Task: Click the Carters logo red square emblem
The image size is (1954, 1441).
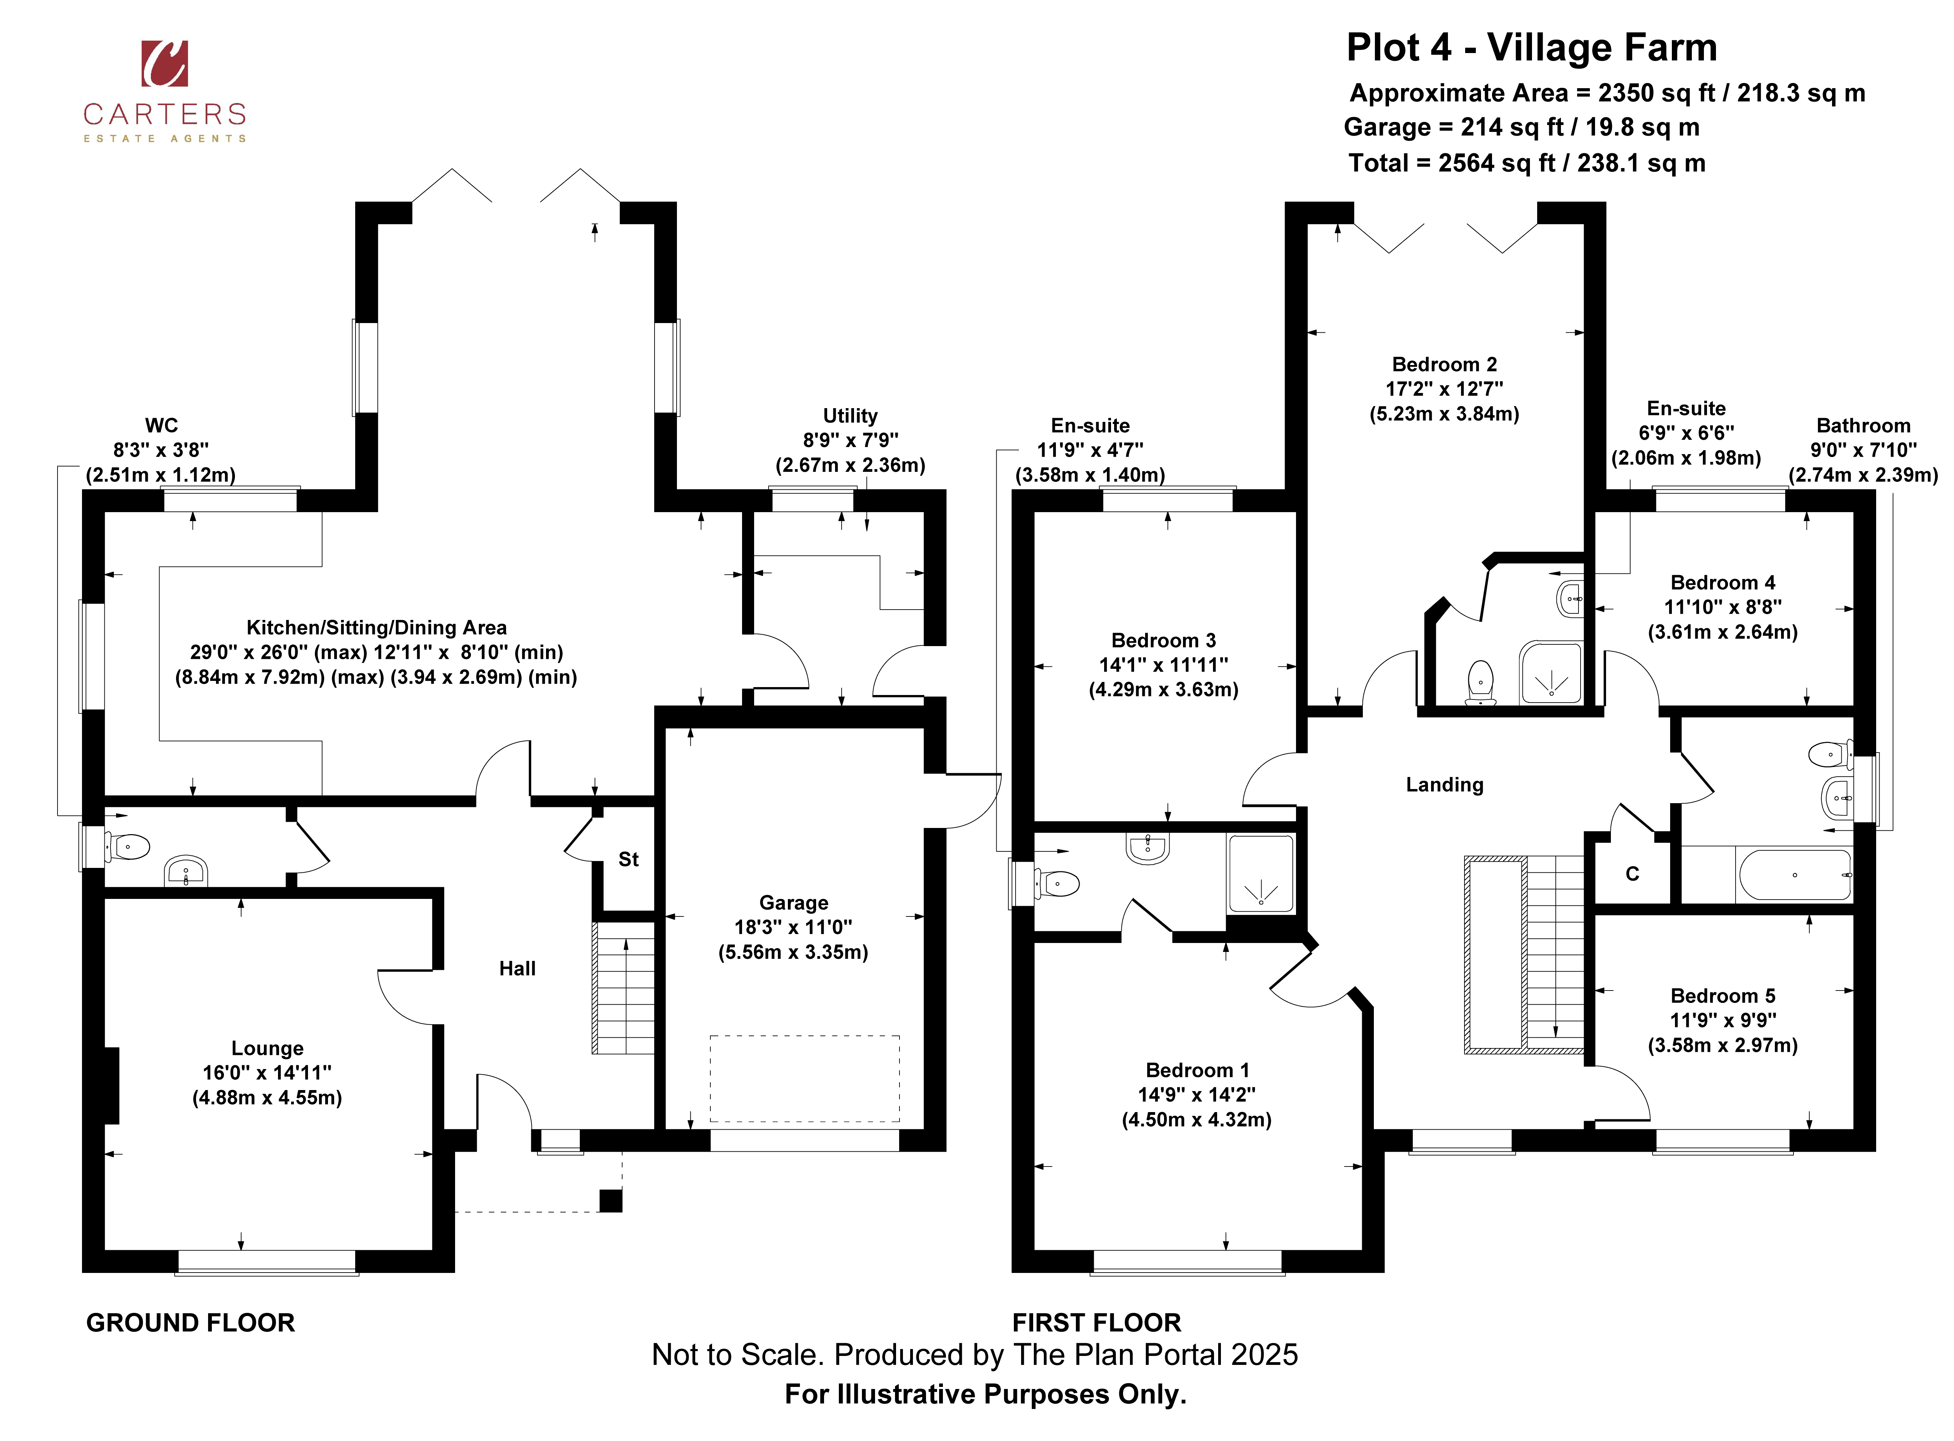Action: coord(164,64)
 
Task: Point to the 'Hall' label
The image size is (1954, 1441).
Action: coord(517,968)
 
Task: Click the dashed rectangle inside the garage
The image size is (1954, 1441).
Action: coord(804,1078)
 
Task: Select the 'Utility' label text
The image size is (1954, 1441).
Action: coord(850,416)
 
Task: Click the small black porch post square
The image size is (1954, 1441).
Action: coord(610,1201)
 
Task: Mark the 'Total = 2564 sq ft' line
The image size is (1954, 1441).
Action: coord(1526,163)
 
